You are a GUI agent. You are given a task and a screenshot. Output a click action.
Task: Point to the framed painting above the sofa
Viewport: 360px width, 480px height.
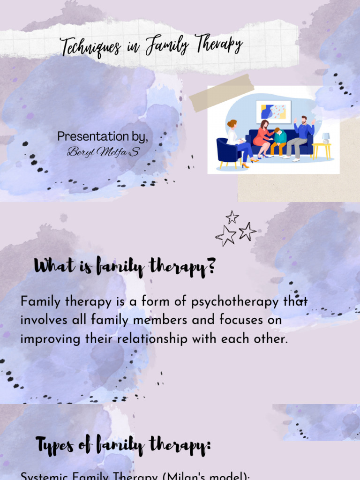tap(273, 112)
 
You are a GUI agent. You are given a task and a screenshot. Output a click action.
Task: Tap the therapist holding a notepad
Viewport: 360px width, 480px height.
tap(236, 141)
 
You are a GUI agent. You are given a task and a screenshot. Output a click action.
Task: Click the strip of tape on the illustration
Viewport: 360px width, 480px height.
tap(221, 93)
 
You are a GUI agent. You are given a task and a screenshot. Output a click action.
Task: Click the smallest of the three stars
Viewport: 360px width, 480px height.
tap(232, 217)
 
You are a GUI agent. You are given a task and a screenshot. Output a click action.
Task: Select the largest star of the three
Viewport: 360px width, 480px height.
tap(226, 236)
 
